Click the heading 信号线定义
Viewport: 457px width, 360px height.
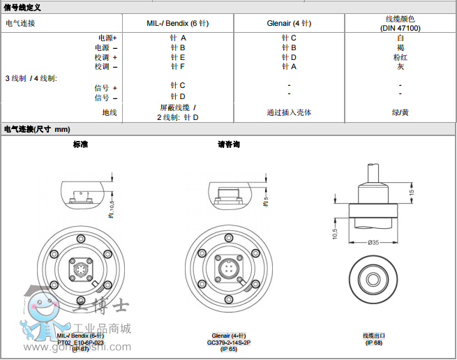pos(23,7)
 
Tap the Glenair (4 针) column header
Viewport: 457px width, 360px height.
pos(289,23)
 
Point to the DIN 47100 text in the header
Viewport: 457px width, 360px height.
pos(400,28)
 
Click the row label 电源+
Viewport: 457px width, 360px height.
pos(107,38)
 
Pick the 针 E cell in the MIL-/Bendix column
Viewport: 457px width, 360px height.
pos(178,57)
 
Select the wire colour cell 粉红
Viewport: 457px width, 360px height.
pos(400,57)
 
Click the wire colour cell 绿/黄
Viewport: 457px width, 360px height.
pos(400,112)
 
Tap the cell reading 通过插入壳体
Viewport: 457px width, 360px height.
pos(289,112)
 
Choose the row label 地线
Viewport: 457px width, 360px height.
pos(110,112)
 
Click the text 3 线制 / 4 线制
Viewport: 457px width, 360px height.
pos(31,77)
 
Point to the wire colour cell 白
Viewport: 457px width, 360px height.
pos(400,38)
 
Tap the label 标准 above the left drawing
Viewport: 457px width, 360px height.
pos(80,144)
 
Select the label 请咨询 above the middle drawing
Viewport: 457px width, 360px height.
pos(229,144)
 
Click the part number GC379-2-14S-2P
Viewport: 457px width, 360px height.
pos(230,343)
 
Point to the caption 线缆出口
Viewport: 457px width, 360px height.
pos(374,336)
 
